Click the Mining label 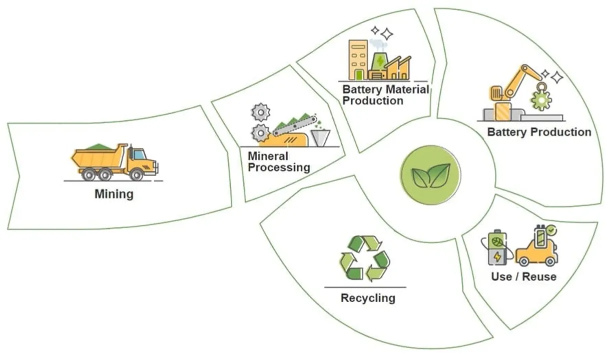(x=114, y=193)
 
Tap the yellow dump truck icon (x=114, y=161)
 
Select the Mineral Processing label (x=279, y=161)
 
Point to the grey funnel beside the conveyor (x=320, y=137)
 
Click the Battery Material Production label (x=385, y=95)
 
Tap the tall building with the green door (x=358, y=60)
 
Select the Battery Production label (x=539, y=132)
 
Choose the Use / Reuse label (x=523, y=276)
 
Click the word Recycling (x=368, y=298)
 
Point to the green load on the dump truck (x=98, y=146)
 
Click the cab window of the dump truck (x=139, y=154)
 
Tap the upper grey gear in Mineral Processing (x=261, y=112)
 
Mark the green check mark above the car (x=551, y=230)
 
